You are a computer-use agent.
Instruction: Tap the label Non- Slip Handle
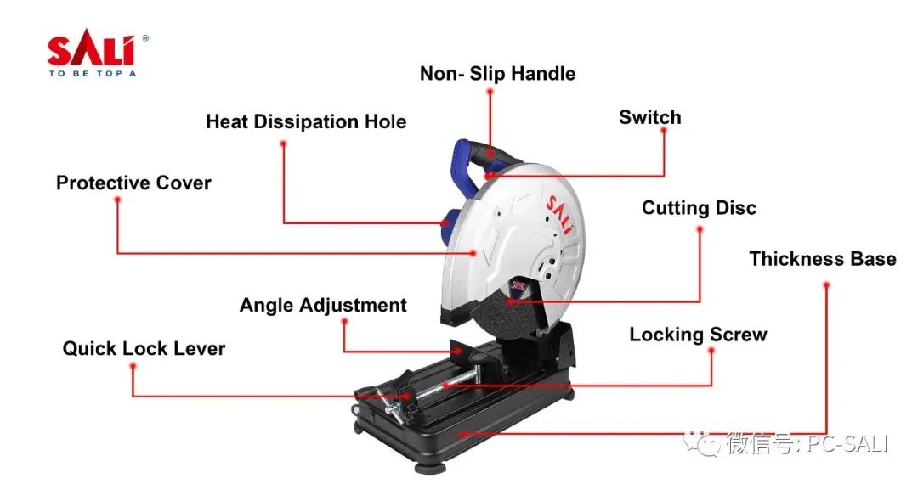[497, 74]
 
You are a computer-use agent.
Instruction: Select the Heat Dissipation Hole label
[306, 121]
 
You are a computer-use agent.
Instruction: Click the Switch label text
[650, 117]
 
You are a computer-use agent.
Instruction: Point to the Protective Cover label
[133, 183]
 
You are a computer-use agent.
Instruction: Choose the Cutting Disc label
[699, 207]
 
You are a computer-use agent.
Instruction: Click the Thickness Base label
[823, 258]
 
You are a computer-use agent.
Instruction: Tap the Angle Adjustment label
[323, 305]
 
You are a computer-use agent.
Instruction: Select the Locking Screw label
[698, 335]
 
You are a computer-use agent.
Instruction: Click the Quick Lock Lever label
[144, 348]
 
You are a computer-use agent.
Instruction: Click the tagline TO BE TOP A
[92, 74]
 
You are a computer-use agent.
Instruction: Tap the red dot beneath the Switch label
[663, 131]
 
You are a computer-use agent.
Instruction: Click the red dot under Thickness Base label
[826, 285]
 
